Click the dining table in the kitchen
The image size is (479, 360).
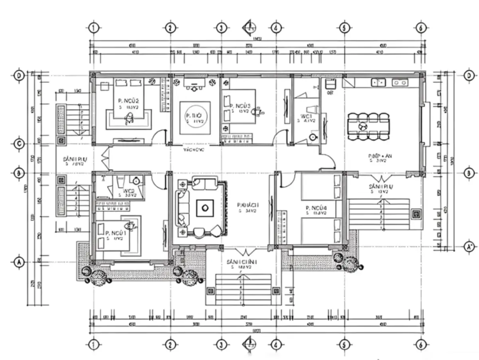[368, 126]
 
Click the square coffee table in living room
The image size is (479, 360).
[205, 207]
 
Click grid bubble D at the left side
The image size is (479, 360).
[18, 76]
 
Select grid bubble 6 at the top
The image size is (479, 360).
[420, 28]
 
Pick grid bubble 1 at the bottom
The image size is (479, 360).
[93, 344]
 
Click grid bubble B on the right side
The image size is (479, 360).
[469, 173]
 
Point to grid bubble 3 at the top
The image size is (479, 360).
[222, 28]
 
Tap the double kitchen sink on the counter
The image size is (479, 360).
[378, 82]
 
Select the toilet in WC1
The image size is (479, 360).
[313, 137]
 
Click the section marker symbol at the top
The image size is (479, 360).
[249, 27]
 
